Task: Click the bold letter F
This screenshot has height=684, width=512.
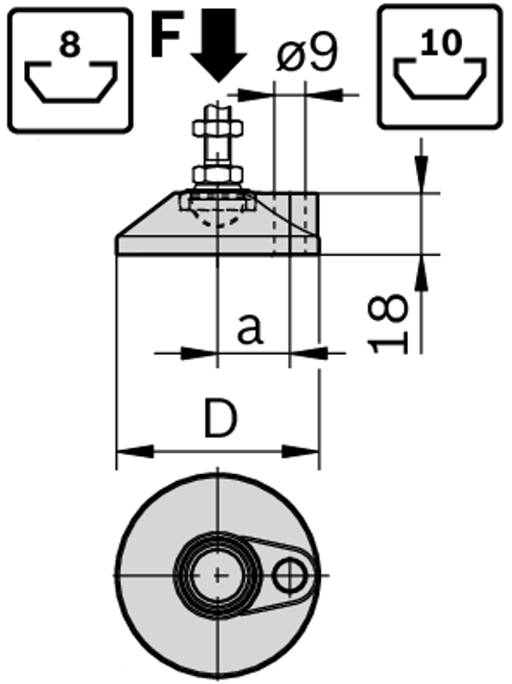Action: click(165, 33)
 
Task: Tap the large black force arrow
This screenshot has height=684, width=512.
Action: click(219, 44)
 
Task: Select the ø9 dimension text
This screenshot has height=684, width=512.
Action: click(307, 54)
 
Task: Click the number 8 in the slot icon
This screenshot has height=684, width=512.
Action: click(70, 44)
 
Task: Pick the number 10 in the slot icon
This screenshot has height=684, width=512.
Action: click(441, 43)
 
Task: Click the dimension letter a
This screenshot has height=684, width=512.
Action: click(251, 328)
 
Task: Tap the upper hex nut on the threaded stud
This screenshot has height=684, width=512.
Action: click(218, 128)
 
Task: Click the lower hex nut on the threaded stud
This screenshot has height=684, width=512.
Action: click(218, 175)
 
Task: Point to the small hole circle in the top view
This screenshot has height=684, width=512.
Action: click(290, 575)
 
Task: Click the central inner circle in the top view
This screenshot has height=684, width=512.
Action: click(217, 575)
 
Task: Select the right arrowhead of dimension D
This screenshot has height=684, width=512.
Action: click(301, 451)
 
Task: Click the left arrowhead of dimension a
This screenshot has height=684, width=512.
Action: click(199, 353)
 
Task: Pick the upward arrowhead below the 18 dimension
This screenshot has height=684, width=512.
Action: click(420, 273)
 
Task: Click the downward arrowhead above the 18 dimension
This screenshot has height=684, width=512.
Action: click(420, 173)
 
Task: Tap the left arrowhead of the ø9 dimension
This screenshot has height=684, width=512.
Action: click(255, 94)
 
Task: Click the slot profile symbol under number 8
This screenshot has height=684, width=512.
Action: click(70, 83)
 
